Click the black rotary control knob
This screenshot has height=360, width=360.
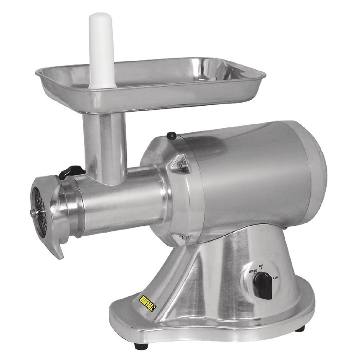point(262,284)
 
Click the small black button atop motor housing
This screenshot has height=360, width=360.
point(171,135)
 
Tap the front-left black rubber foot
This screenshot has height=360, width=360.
point(140,346)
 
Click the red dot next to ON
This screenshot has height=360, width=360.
point(274,278)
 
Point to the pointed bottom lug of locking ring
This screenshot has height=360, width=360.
point(59,252)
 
